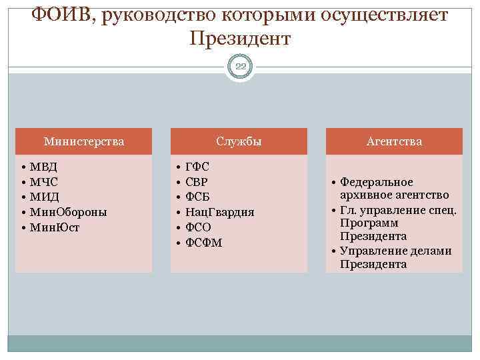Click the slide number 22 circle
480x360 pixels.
point(240,65)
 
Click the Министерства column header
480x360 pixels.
point(83,141)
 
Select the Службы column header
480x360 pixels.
point(239,141)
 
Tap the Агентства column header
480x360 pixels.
point(394,141)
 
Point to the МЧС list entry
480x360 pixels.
point(44,181)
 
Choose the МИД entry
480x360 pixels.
point(45,197)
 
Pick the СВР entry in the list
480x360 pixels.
point(197,181)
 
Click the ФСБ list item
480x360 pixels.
point(197,197)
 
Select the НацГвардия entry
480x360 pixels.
point(219,212)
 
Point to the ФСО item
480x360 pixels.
point(198,227)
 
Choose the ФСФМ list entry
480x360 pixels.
point(203,243)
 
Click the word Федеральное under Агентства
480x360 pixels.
point(376,182)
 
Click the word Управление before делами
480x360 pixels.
point(371,251)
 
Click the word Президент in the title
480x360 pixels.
point(240,39)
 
